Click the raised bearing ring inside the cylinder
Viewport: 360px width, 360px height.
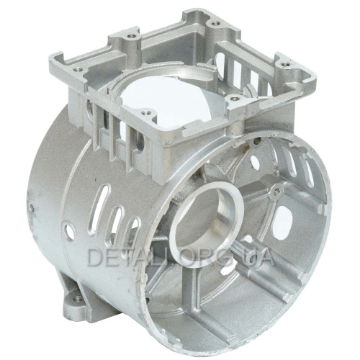click(207, 225)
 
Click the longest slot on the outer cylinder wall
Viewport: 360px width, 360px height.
click(101, 210)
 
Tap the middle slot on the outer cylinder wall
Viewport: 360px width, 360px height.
click(116, 225)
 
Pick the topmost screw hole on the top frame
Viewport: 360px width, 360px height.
click(215, 24)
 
